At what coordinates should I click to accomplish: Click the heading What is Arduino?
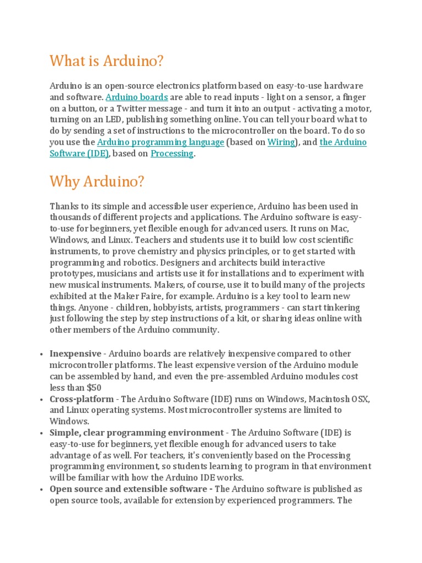107,61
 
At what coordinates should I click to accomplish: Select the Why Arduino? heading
97,181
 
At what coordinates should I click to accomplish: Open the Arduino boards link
137,97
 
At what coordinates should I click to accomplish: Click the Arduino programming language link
160,142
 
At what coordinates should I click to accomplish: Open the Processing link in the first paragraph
172,154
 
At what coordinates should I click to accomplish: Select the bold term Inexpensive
75,354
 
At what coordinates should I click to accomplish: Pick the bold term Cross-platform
82,399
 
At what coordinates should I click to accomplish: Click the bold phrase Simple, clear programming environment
137,433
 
